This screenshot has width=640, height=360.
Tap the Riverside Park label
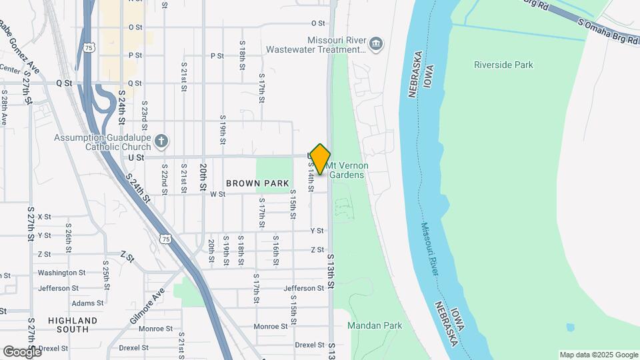(x=503, y=65)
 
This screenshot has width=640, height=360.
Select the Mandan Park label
(x=376, y=326)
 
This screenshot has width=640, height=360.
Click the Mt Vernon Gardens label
(x=348, y=170)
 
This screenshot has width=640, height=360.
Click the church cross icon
(x=160, y=141)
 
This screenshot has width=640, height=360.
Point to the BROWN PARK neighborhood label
(x=257, y=183)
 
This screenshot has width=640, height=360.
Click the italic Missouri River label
(x=431, y=249)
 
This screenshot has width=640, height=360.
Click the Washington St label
(x=61, y=273)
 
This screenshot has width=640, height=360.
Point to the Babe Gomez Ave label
(x=20, y=47)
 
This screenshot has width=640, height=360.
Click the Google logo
(x=21, y=352)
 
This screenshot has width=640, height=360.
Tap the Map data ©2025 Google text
(x=599, y=355)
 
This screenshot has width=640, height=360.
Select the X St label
(x=44, y=217)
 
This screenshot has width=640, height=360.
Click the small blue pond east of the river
(x=570, y=328)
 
